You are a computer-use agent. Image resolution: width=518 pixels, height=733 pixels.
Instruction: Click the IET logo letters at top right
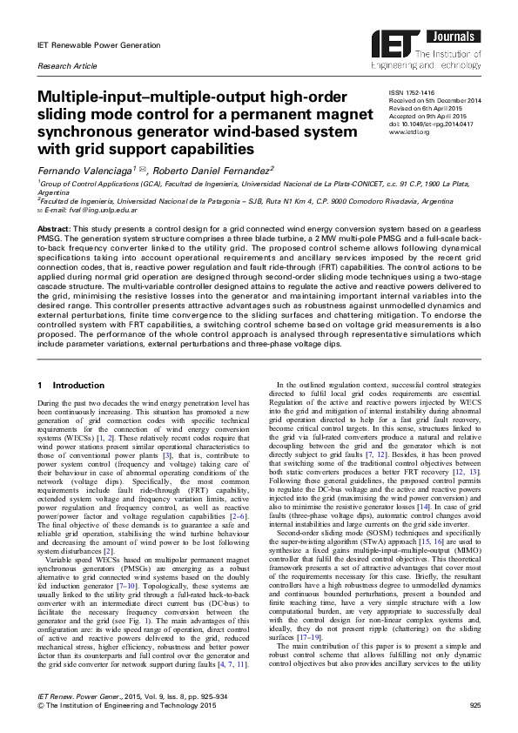click(392, 44)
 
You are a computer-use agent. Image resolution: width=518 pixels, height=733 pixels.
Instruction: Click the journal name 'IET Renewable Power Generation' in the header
click(98, 45)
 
